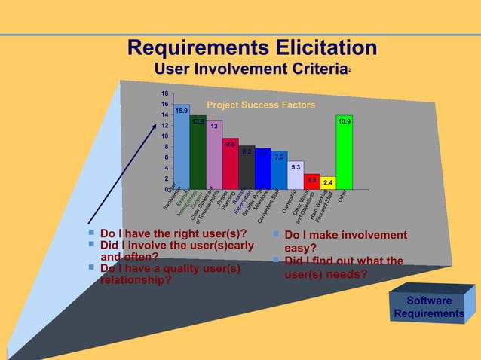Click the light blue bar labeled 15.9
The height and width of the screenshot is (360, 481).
[181, 147]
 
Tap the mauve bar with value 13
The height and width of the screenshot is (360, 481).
[214, 154]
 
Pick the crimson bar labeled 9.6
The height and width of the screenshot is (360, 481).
[231, 164]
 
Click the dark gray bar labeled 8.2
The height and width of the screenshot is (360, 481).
[247, 167]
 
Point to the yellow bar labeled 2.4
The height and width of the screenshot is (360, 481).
[327, 182]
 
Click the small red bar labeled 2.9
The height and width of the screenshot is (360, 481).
[311, 181]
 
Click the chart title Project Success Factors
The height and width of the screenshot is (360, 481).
[261, 105]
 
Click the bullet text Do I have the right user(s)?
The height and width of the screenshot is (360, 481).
[173, 233]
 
